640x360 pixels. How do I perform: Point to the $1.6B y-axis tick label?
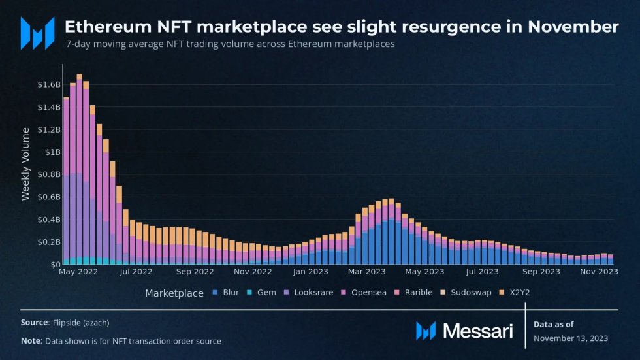(48, 85)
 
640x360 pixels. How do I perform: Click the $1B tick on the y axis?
(53, 152)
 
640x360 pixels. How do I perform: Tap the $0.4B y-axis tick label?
(48, 220)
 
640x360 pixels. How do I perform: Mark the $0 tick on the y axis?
(56, 265)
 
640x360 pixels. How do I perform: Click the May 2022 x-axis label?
(78, 272)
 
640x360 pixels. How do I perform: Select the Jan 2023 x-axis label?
(311, 272)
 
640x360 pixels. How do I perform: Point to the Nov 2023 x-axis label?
(598, 272)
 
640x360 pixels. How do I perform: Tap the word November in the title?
(573, 27)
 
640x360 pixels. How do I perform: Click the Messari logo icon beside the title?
(38, 33)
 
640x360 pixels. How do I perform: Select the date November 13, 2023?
(570, 338)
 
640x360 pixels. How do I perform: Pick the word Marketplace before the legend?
(174, 293)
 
